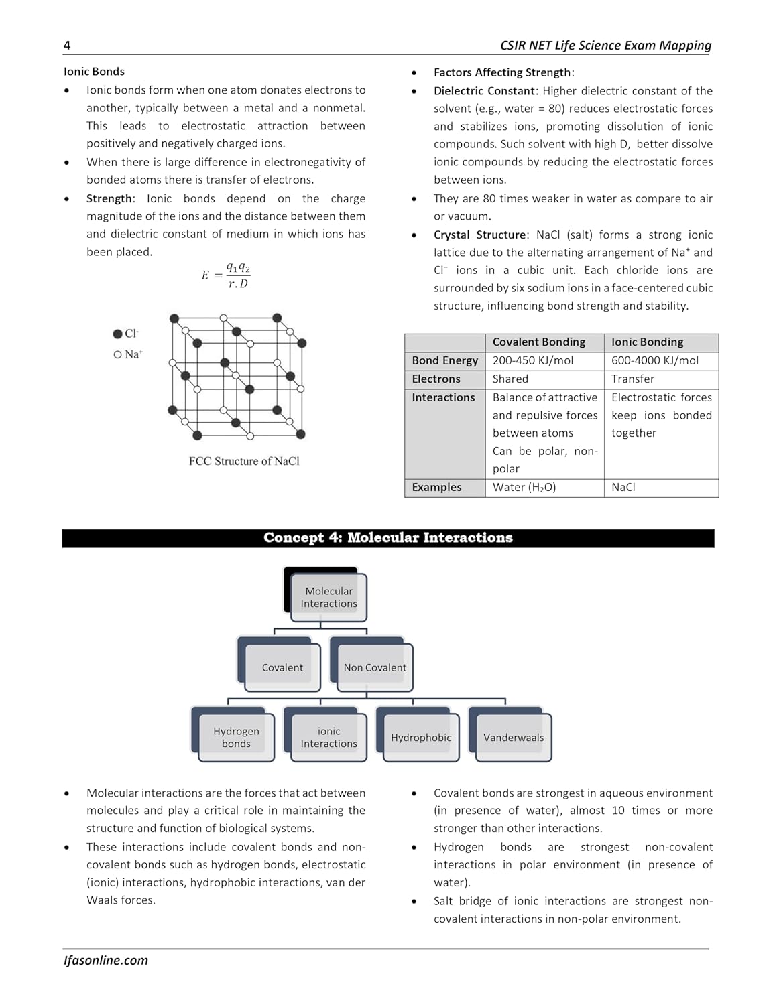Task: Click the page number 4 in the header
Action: click(x=67, y=46)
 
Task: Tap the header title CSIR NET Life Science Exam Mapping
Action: click(x=605, y=46)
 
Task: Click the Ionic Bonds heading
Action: click(x=94, y=72)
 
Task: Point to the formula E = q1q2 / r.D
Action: click(x=226, y=275)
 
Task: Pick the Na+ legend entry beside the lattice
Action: click(x=128, y=354)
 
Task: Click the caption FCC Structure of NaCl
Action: click(x=244, y=461)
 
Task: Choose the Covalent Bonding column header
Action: click(x=538, y=342)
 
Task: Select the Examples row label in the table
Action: click(x=436, y=487)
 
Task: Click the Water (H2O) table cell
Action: click(x=524, y=487)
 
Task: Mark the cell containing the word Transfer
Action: click(x=632, y=379)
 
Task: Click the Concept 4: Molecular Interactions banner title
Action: click(x=387, y=538)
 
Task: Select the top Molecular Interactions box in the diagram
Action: click(x=328, y=597)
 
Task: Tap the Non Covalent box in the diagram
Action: click(x=375, y=667)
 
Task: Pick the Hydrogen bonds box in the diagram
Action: click(x=236, y=737)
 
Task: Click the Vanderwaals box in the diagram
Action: click(x=514, y=737)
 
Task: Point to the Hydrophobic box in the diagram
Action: click(x=421, y=737)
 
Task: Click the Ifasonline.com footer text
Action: click(x=106, y=960)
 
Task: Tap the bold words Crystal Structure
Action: click(x=479, y=234)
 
